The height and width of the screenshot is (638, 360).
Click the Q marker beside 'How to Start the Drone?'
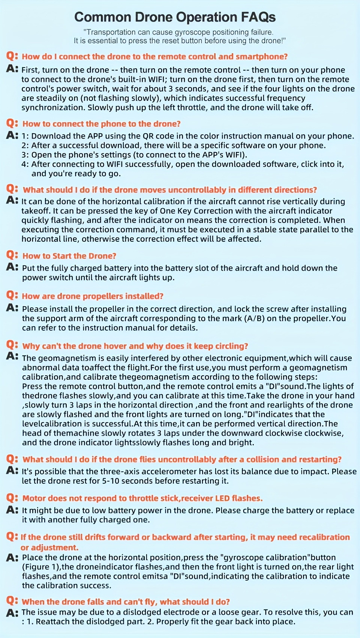[12, 255]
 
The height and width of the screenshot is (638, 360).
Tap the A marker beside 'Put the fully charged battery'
[12, 267]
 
